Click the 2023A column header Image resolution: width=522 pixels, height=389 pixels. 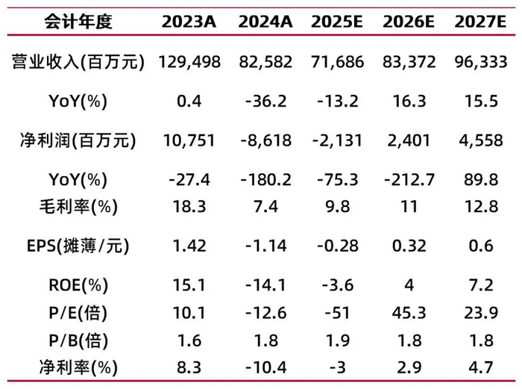tap(189, 22)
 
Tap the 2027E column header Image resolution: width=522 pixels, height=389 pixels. tap(476, 22)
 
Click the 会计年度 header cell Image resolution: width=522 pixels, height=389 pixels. tap(78, 22)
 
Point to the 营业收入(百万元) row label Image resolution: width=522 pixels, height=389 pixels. tap(78, 62)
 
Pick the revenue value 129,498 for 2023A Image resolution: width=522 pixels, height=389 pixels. tap(189, 62)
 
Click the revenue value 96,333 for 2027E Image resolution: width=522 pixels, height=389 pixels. tap(476, 62)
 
